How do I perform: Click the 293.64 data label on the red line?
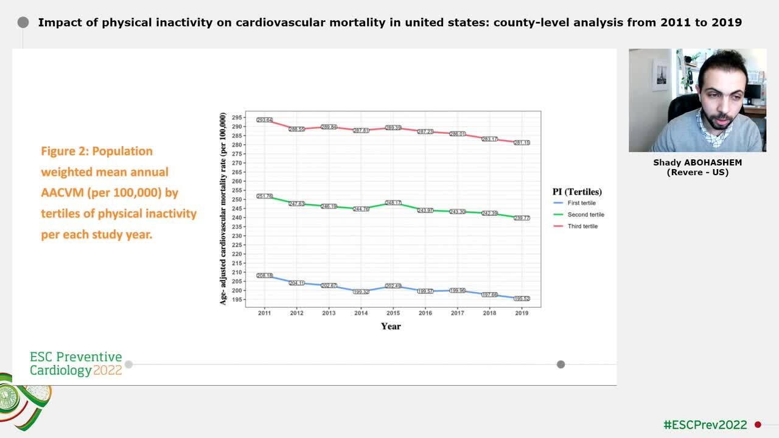265,120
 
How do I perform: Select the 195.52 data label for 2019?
522,299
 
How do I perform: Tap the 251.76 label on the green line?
265,196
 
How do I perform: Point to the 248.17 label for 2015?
393,203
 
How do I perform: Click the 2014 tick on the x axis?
361,313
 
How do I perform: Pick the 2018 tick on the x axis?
489,313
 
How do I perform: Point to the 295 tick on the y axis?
237,117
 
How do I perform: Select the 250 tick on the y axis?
237,200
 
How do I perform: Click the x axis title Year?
391,327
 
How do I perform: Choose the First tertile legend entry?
581,203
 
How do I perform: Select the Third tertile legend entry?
582,226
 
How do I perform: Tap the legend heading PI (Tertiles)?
577,192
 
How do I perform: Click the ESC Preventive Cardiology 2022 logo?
76,364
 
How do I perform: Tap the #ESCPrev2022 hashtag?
705,425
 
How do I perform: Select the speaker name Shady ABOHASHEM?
697,162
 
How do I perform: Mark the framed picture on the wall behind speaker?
660,75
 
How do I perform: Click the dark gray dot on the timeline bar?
561,364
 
